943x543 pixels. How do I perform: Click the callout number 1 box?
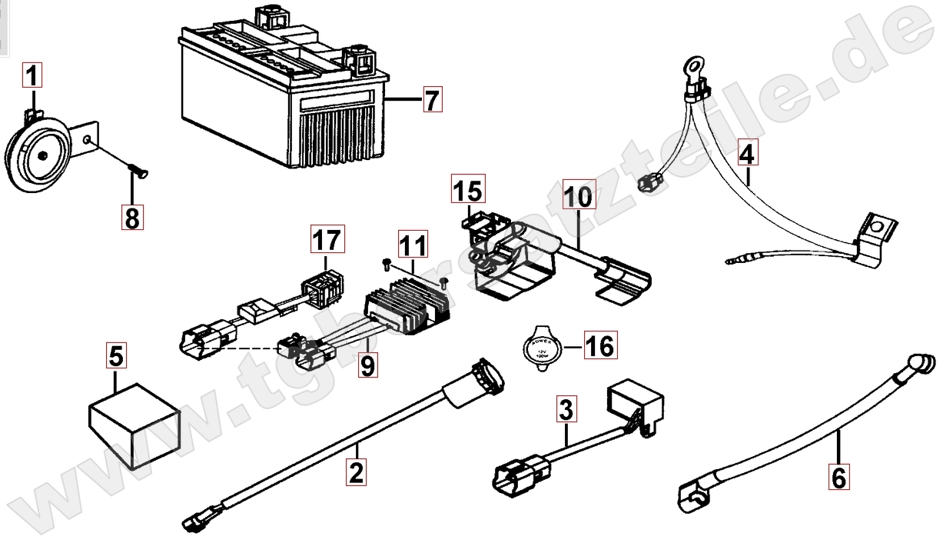pyautogui.click(x=32, y=76)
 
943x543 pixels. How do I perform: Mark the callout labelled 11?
pyautogui.click(x=412, y=246)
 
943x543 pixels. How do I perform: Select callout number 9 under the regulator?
pyautogui.click(x=368, y=364)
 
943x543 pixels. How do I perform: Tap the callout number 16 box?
pyautogui.click(x=599, y=346)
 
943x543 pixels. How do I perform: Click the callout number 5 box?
pyautogui.click(x=116, y=356)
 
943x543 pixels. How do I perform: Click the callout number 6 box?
pyautogui.click(x=838, y=478)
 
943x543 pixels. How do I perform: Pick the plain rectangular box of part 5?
pyautogui.click(x=134, y=419)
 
